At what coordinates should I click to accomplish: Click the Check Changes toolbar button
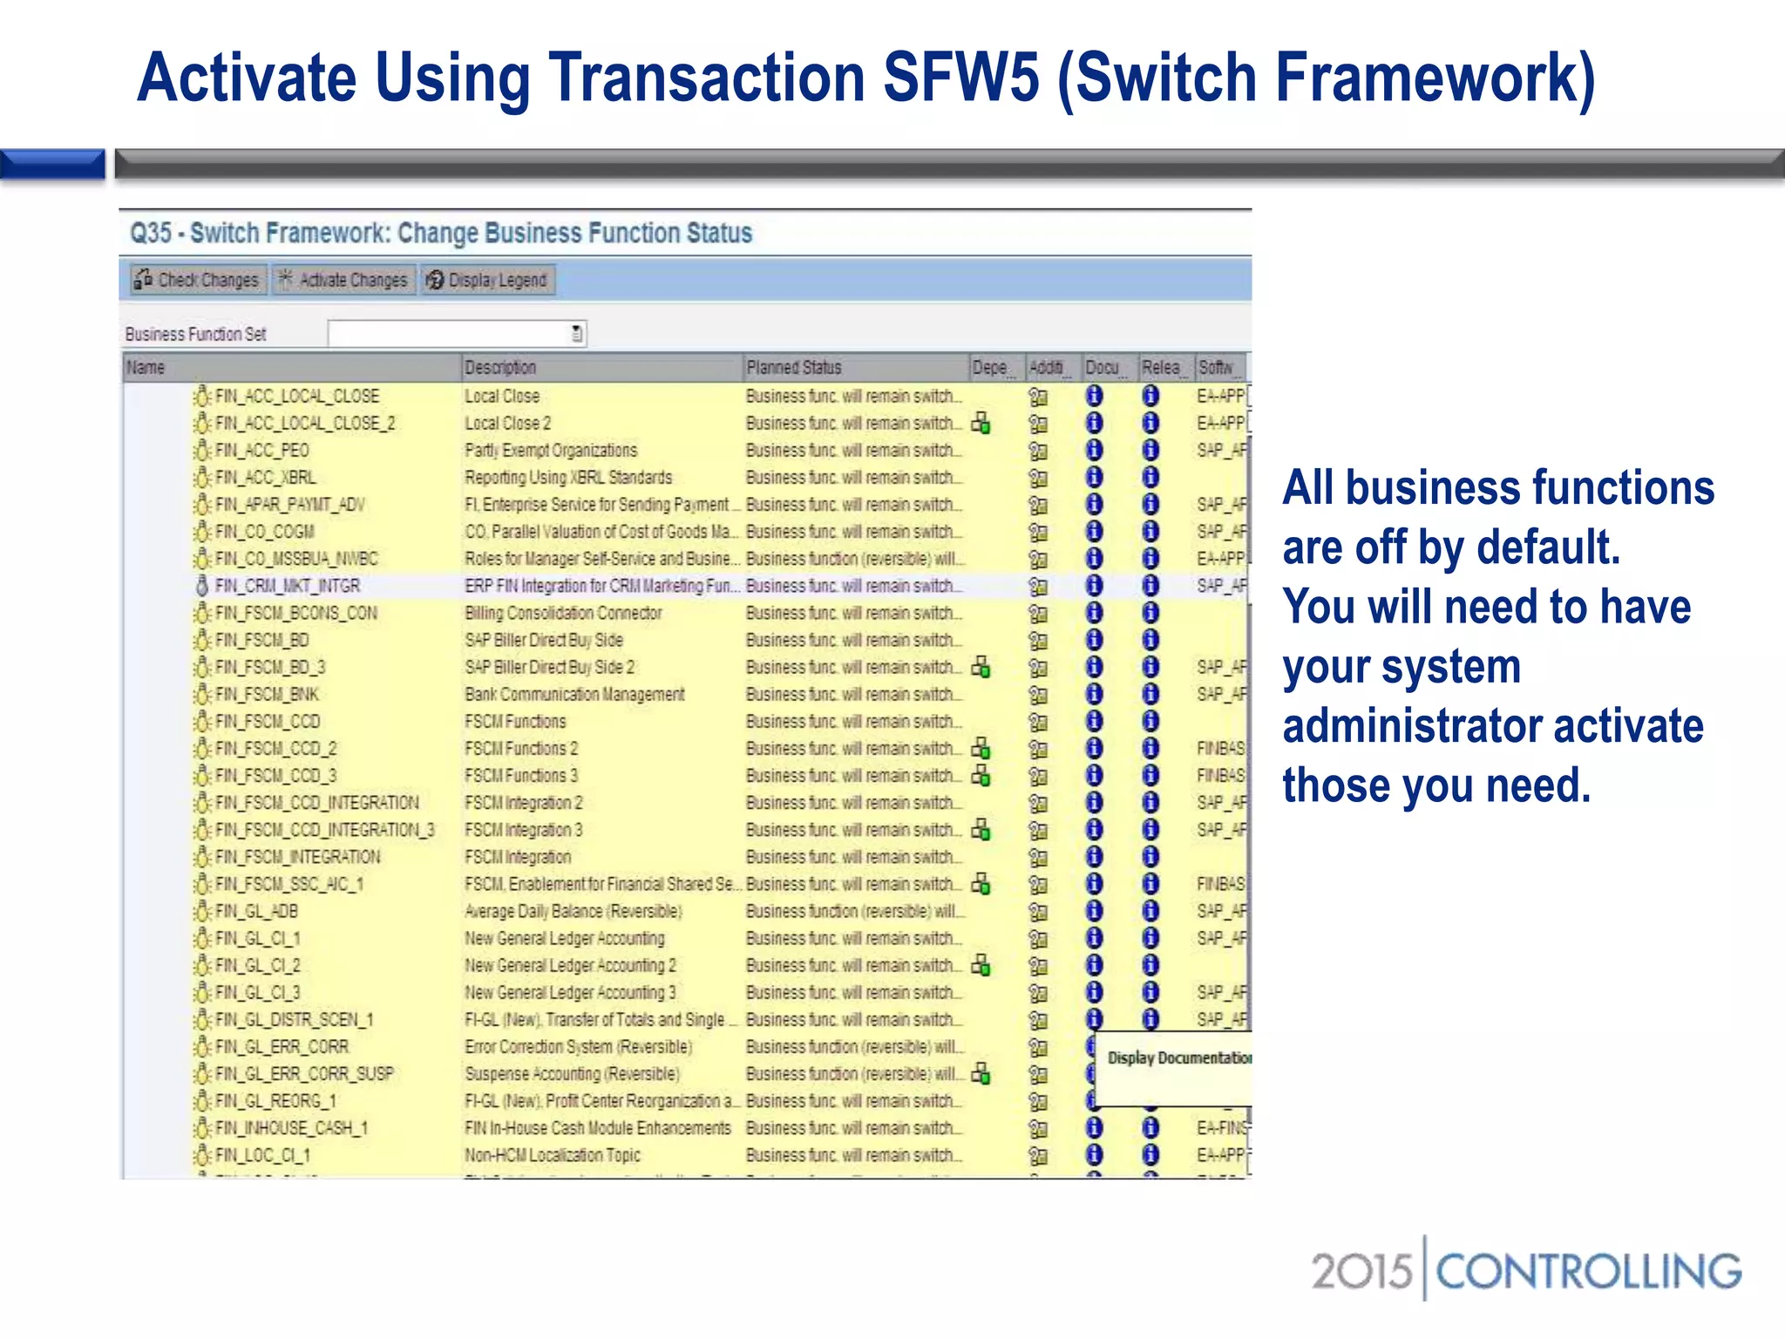click(x=198, y=280)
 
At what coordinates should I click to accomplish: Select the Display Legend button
click(x=488, y=280)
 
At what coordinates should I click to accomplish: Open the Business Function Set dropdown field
click(x=457, y=333)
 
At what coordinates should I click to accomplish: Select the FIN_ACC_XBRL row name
click(x=265, y=478)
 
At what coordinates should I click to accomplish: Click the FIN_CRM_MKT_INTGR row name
click(x=287, y=586)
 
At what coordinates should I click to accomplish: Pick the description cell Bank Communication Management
click(x=574, y=695)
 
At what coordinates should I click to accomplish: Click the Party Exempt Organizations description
click(x=551, y=451)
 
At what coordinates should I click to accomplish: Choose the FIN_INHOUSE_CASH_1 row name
click(x=291, y=1128)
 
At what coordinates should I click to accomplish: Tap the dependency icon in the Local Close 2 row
click(x=981, y=424)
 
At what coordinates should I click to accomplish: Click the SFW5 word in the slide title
click(x=961, y=78)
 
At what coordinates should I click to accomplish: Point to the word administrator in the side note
click(x=1406, y=726)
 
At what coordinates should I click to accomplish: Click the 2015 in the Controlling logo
click(x=1361, y=1271)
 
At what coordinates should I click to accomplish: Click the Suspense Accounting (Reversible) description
click(x=572, y=1074)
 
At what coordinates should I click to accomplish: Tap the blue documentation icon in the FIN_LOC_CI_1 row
click(x=1094, y=1155)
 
